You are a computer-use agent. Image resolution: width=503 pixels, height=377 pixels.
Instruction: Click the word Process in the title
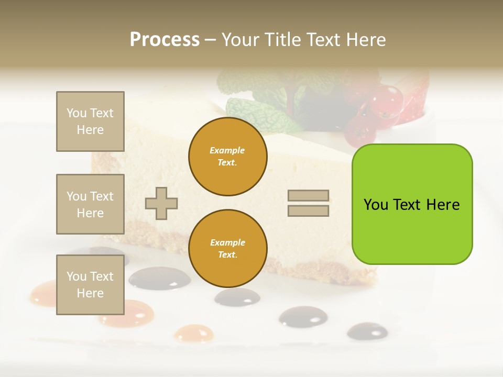click(165, 40)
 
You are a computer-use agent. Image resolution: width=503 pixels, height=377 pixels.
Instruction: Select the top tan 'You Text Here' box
click(90, 121)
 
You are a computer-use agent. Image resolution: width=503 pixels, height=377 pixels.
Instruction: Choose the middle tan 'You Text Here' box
click(90, 204)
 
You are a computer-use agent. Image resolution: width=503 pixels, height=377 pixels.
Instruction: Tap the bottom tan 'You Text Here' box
click(90, 284)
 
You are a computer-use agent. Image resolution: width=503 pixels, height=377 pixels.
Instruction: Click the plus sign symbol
click(161, 203)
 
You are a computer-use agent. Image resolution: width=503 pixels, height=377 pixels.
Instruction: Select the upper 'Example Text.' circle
click(227, 157)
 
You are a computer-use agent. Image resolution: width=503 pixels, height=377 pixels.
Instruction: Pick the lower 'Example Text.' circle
click(227, 249)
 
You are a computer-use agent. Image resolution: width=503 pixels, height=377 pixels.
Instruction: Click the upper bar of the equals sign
click(309, 196)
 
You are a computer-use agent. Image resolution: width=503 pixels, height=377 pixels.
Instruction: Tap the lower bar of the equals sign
click(309, 210)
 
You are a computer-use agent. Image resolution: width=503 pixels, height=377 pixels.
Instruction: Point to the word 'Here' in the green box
click(443, 205)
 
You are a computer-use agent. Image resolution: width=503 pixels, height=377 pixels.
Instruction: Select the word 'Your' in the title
click(240, 40)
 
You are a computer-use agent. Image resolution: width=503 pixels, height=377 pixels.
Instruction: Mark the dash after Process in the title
click(210, 40)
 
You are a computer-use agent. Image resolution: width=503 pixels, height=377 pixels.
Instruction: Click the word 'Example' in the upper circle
click(227, 151)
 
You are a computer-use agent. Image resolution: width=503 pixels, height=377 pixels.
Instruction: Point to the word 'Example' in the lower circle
click(227, 243)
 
